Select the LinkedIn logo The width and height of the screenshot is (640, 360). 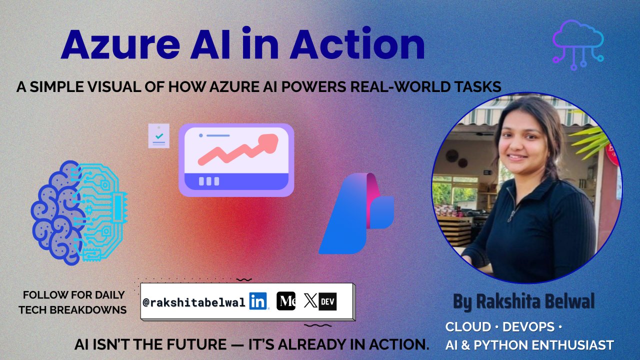(x=258, y=301)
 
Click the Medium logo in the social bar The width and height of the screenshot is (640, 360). (x=286, y=301)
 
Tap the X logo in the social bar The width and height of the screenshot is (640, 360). (x=310, y=301)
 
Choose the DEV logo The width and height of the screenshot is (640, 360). (x=327, y=301)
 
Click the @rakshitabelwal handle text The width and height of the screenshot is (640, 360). (x=194, y=302)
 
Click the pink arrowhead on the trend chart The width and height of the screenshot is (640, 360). (x=270, y=141)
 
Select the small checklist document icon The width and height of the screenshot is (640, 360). (x=158, y=136)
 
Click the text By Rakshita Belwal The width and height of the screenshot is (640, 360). (x=524, y=301)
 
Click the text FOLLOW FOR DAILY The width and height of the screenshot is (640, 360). (x=73, y=295)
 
